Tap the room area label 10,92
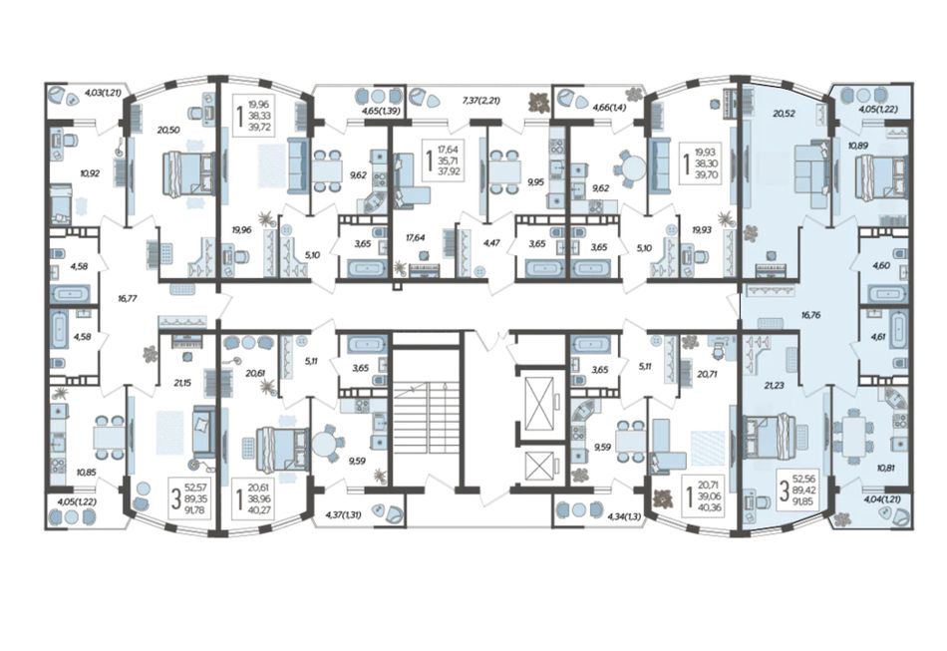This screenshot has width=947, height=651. (90, 173)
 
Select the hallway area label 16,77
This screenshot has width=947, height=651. (128, 298)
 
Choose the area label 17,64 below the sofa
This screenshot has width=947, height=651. (416, 238)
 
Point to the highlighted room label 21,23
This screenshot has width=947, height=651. (774, 385)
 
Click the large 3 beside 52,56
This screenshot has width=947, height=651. (784, 490)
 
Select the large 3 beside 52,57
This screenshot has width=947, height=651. (175, 498)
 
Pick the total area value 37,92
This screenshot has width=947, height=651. (449, 170)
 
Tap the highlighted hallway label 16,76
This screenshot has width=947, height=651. (811, 315)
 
